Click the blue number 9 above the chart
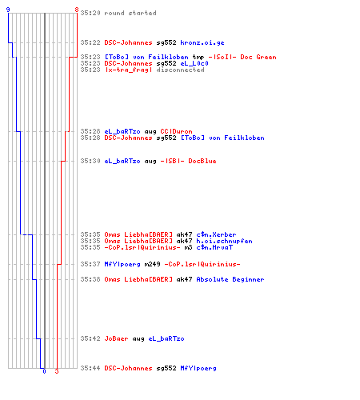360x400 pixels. (x=8, y=10)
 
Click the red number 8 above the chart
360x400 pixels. (x=77, y=10)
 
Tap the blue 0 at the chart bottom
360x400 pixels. (x=44, y=371)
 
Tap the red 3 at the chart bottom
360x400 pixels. (x=57, y=371)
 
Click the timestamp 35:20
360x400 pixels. (x=90, y=13)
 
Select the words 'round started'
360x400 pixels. (x=130, y=13)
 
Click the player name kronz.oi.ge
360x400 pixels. (x=202, y=42)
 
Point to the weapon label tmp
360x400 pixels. (x=198, y=58)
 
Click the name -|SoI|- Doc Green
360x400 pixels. (x=242, y=57)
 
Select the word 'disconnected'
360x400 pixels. (x=180, y=70)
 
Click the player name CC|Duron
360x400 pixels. (x=176, y=131)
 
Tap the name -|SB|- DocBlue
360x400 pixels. (x=188, y=161)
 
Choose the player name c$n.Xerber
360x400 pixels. (x=216, y=234)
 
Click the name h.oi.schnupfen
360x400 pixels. (x=224, y=241)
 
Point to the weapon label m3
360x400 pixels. (x=188, y=247)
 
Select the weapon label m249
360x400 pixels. (x=152, y=264)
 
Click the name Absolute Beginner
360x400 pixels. (x=230, y=279)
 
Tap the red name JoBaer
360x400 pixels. (x=116, y=338)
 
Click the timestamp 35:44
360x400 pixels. (x=90, y=368)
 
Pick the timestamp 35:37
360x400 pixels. (x=90, y=264)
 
